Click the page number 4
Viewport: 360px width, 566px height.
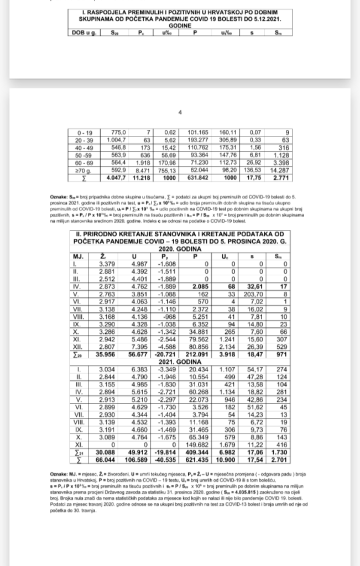point(180,113)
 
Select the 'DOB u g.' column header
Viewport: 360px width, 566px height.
point(84,33)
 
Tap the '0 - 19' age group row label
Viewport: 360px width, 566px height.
point(86,133)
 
